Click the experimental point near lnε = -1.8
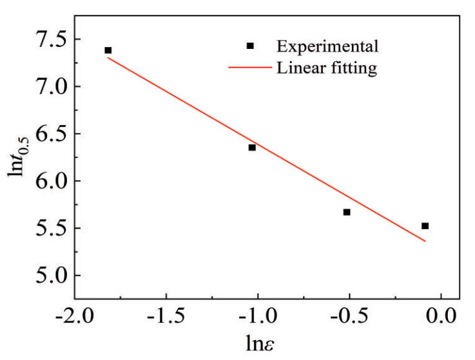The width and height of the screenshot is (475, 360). point(108,50)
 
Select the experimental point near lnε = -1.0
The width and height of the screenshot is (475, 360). point(252,147)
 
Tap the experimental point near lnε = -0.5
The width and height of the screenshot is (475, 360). point(347,212)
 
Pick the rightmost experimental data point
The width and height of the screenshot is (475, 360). point(425,225)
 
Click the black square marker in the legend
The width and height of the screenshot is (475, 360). point(250,46)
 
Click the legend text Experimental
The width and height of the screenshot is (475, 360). point(327,46)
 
